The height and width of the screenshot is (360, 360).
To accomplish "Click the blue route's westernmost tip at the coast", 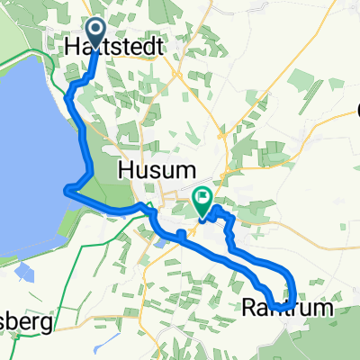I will [x=66, y=188].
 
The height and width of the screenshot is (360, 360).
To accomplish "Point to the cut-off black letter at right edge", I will [x=355, y=112].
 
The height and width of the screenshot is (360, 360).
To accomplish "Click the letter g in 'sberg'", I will [x=45, y=322].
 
